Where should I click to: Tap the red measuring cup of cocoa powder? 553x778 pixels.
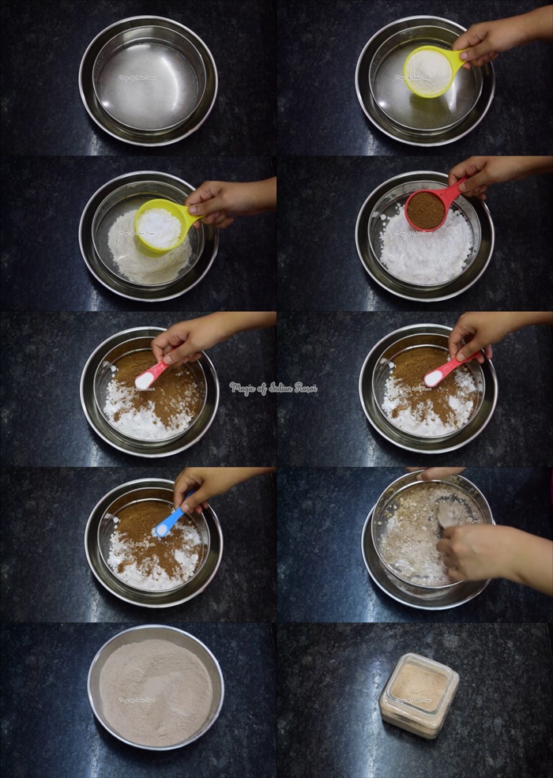point(427,209)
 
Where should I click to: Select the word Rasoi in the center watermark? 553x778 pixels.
point(303,388)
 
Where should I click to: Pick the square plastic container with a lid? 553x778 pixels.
point(419,695)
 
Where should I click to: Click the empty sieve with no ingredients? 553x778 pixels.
point(149,81)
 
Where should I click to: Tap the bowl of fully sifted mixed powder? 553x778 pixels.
point(156,686)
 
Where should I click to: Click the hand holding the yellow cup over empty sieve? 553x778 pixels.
point(490,39)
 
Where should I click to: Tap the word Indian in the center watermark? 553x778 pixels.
point(276,388)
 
